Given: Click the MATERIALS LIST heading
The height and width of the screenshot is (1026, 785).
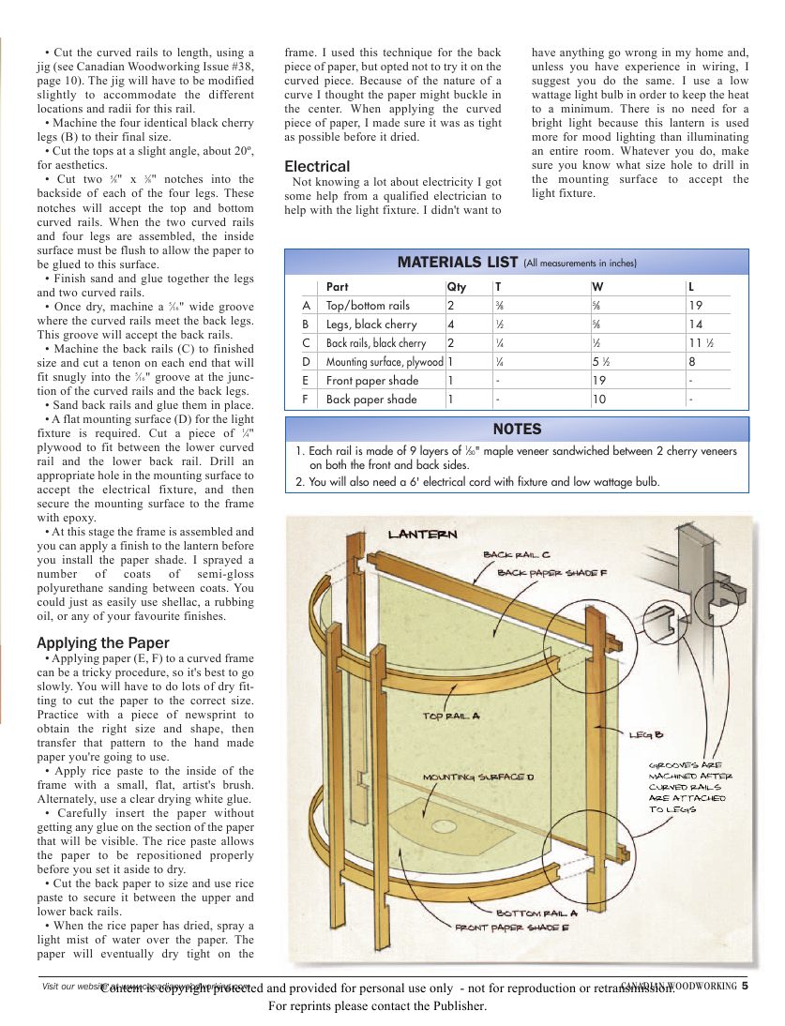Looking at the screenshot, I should [x=458, y=262].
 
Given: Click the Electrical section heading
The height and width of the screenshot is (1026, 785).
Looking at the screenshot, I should [x=317, y=166].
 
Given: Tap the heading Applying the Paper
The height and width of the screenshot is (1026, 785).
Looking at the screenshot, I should [x=103, y=642].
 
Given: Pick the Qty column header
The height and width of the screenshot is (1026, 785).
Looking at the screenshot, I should [x=457, y=287].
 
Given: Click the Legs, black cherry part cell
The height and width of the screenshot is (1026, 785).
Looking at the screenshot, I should [x=371, y=324].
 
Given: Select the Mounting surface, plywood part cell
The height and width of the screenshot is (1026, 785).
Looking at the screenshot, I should [x=385, y=362].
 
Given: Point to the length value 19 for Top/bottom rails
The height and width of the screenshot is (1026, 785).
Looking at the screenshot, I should [x=695, y=306].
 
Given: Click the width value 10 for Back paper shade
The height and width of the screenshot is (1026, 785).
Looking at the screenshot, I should [x=597, y=400].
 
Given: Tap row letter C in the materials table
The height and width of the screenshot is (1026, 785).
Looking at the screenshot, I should [x=306, y=343].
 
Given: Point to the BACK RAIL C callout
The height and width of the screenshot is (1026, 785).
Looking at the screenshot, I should [x=517, y=554].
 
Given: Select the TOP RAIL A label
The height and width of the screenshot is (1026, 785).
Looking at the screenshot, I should [x=451, y=716].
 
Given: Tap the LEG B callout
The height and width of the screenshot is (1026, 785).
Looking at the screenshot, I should [x=646, y=734].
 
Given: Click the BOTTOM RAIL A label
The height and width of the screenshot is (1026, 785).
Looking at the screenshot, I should [x=536, y=912].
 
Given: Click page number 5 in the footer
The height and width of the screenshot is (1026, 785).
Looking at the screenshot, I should [x=745, y=986].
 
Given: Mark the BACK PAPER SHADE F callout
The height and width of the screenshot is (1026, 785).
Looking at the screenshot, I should [x=552, y=572].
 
